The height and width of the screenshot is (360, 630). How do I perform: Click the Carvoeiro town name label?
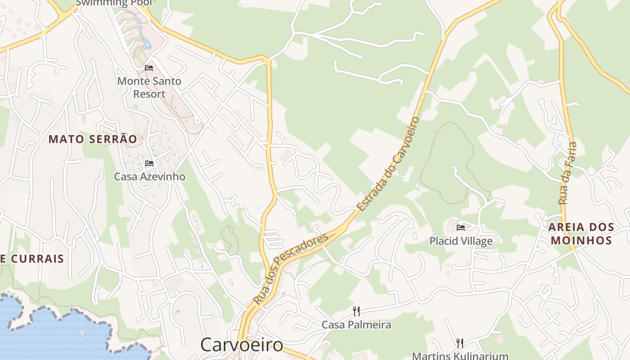242,345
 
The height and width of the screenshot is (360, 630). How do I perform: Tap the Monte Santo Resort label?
149,87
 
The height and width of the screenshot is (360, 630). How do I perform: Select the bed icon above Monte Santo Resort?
149,68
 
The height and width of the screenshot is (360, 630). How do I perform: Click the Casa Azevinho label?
149,176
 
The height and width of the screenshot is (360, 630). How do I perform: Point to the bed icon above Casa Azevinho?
149,163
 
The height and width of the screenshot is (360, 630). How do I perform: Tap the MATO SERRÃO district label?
93,139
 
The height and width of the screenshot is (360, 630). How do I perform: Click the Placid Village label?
461,241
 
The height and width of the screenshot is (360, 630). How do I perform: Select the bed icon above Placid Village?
461,228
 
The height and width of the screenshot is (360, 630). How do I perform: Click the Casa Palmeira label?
356,324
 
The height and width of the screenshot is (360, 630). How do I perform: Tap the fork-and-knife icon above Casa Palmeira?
356,311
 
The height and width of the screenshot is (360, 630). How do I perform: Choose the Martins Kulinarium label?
460,355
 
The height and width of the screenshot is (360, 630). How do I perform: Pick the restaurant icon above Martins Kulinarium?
460,343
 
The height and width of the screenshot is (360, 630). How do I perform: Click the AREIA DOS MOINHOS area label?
581,234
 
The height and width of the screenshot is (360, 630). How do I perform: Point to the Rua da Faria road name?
568,173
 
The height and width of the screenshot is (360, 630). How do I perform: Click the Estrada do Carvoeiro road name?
388,164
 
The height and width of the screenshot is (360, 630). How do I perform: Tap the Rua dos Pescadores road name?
290,268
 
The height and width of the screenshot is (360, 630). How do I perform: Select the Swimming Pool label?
113,3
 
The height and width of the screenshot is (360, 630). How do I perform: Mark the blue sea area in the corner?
54,333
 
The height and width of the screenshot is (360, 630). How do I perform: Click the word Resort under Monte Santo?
149,94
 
